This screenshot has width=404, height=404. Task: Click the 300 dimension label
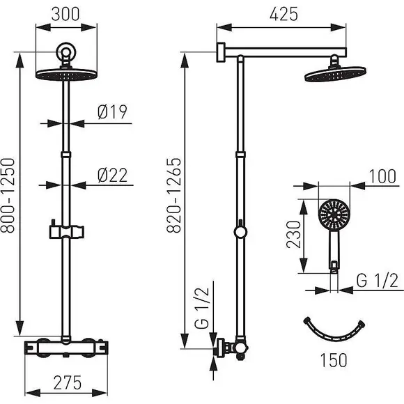pos(65,14)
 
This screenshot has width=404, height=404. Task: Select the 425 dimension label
pos(283,14)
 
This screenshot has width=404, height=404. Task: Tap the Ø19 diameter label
pos(113,112)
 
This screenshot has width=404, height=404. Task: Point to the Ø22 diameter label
pos(113,176)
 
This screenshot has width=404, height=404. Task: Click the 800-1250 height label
pos(8,195)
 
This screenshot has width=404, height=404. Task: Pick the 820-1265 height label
pos(174,195)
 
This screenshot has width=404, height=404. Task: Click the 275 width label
pos(68,382)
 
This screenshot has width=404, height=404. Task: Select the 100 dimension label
pos(382,176)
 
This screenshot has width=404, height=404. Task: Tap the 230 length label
pos(294,234)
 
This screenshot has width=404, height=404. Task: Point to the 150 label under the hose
pos(334,360)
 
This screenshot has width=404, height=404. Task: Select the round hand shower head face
pos(334,214)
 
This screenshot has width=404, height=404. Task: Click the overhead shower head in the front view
pos(66,74)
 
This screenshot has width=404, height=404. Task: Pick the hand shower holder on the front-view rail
pos(66,231)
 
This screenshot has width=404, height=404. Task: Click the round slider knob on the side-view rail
pos(240,232)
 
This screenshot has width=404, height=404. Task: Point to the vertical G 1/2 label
pos(202,308)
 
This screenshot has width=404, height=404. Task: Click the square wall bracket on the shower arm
pos(221,52)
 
